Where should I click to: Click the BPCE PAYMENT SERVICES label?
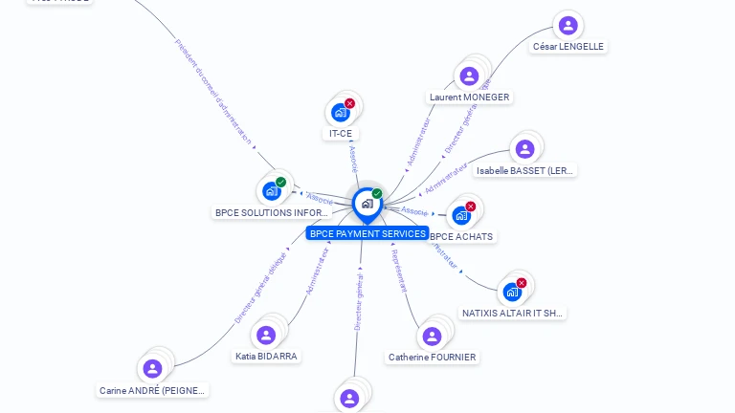(367, 233)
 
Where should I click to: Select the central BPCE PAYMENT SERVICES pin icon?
(367, 204)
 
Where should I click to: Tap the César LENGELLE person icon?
(568, 26)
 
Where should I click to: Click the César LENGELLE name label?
(569, 46)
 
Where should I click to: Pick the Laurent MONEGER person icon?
(469, 76)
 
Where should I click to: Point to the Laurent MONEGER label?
(469, 98)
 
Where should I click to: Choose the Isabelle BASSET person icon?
(524, 149)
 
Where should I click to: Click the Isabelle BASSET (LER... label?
(525, 170)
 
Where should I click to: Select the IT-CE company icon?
(341, 113)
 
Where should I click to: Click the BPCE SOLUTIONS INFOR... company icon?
(272, 191)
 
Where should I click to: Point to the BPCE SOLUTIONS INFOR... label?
(271, 212)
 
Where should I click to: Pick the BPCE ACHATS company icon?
(461, 216)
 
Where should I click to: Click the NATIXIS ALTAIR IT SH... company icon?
(512, 292)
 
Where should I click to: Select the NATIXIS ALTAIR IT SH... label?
(514, 313)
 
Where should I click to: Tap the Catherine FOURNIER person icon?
(432, 337)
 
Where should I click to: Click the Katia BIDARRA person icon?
(266, 336)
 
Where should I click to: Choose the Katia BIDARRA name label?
(266, 356)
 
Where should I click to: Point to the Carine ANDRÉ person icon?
(152, 369)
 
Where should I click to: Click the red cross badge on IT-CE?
(349, 103)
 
